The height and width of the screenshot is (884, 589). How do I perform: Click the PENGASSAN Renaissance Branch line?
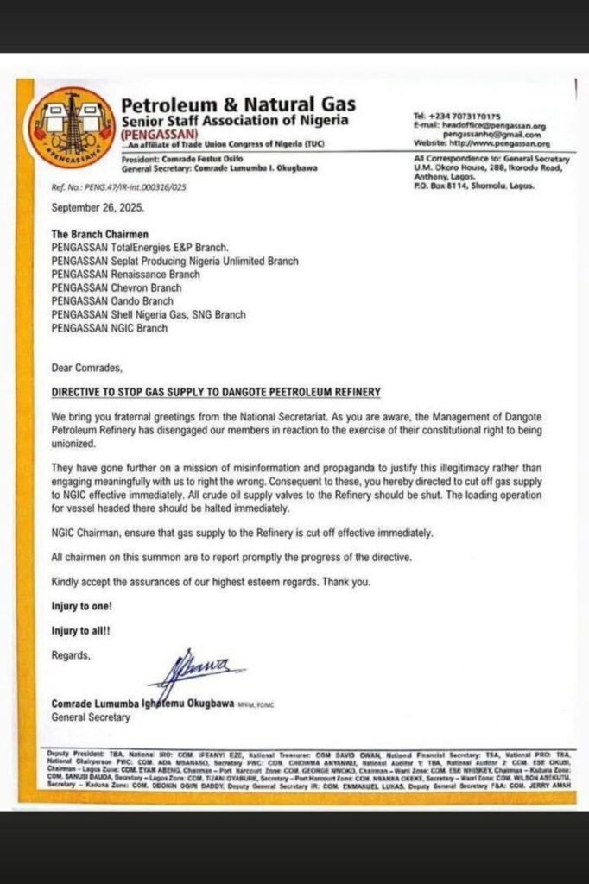click(x=126, y=274)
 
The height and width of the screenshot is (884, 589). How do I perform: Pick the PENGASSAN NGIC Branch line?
click(x=110, y=328)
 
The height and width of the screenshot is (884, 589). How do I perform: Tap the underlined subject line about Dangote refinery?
click(x=216, y=393)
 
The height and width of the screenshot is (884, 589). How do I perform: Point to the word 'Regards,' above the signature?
click(x=71, y=655)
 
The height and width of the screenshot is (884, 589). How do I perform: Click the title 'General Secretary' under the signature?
click(x=91, y=717)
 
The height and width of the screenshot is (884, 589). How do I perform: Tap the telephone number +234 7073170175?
click(x=464, y=117)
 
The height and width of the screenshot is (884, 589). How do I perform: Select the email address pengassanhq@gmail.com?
click(x=492, y=135)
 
